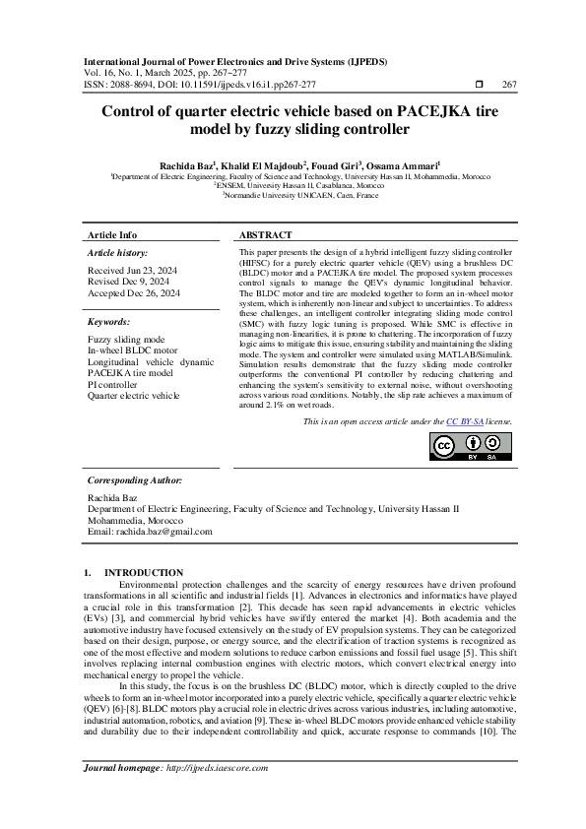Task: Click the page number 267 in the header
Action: click(509, 85)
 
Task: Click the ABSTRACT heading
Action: click(266, 236)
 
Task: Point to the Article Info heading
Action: click(113, 236)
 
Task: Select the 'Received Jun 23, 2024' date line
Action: click(133, 270)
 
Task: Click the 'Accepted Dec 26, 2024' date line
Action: click(134, 293)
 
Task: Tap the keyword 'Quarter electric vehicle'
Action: click(134, 396)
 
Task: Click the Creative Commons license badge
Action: click(471, 446)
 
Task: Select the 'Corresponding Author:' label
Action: click(135, 479)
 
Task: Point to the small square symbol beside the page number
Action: click(479, 85)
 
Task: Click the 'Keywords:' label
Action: click(110, 322)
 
